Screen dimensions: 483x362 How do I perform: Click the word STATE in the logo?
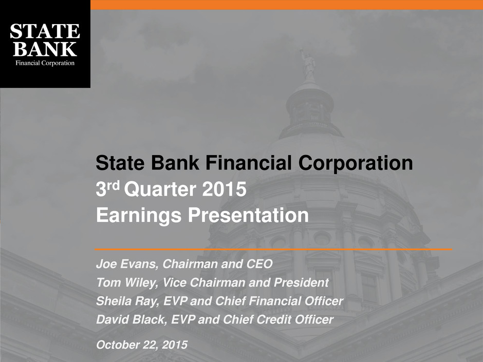pyautogui.click(x=45, y=31)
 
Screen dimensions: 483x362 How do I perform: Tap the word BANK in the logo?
pyautogui.click(x=45, y=49)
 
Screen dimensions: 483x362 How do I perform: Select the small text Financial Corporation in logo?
pyautogui.click(x=45, y=63)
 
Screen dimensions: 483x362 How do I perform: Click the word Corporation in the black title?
pyautogui.click(x=356, y=163)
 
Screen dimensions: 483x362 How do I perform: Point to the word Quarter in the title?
pyautogui.click(x=160, y=189)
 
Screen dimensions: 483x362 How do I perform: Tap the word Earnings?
pyautogui.click(x=139, y=216)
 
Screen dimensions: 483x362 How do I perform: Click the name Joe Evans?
pyautogui.click(x=127, y=264)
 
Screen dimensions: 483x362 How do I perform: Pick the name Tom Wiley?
pyautogui.click(x=127, y=282)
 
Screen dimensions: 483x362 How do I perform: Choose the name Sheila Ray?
pyautogui.click(x=127, y=301)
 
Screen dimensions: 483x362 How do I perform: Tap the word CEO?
pyautogui.click(x=259, y=264)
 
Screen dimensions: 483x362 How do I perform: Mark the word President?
pyautogui.click(x=301, y=282)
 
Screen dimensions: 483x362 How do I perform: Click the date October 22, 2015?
pyautogui.click(x=142, y=345)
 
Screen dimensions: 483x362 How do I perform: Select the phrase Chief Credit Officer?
pyautogui.click(x=278, y=319)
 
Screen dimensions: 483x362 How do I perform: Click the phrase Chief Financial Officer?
pyautogui.click(x=279, y=301)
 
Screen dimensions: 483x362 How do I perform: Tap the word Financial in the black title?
pyautogui.click(x=249, y=163)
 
